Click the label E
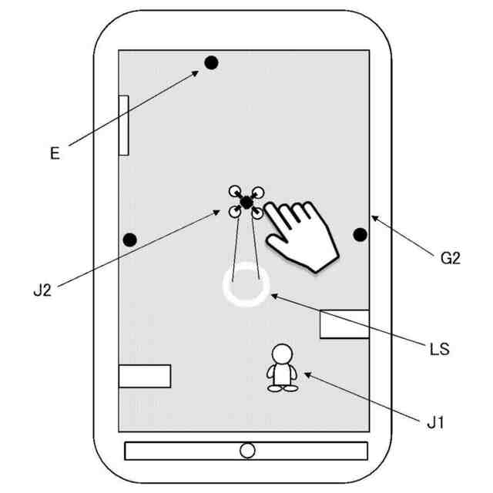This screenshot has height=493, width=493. (55, 153)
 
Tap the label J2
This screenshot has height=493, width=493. (42, 290)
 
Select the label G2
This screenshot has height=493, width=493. (450, 259)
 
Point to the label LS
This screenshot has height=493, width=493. (440, 348)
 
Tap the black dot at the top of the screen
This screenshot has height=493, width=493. (211, 62)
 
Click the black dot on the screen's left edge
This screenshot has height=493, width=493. (130, 240)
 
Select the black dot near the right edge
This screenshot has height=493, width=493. (360, 234)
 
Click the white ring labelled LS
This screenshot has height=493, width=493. (246, 284)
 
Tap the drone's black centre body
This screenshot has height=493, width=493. (246, 203)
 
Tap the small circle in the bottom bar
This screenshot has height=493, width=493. (247, 451)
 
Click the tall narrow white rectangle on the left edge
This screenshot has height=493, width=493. (123, 126)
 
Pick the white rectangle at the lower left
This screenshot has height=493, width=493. (145, 376)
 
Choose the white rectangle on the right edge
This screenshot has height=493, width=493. (344, 324)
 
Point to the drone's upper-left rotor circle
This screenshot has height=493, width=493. (235, 191)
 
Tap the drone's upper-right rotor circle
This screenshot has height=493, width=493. (257, 192)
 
